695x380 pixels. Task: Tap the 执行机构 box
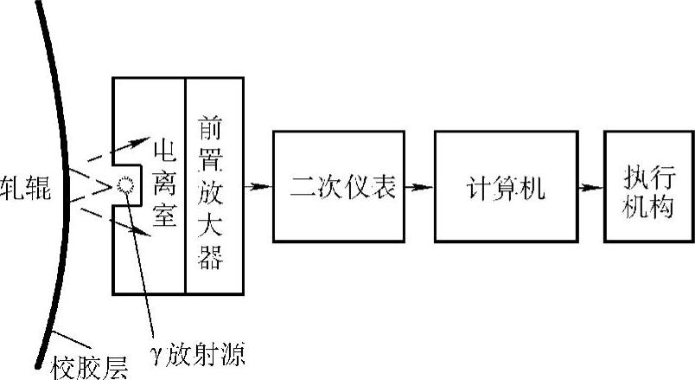tap(648, 185)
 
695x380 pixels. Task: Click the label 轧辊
tap(26, 187)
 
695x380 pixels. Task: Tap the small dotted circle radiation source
tap(127, 184)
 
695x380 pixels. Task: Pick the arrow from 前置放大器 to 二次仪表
tap(258, 186)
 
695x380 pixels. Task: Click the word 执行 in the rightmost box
tap(648, 172)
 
